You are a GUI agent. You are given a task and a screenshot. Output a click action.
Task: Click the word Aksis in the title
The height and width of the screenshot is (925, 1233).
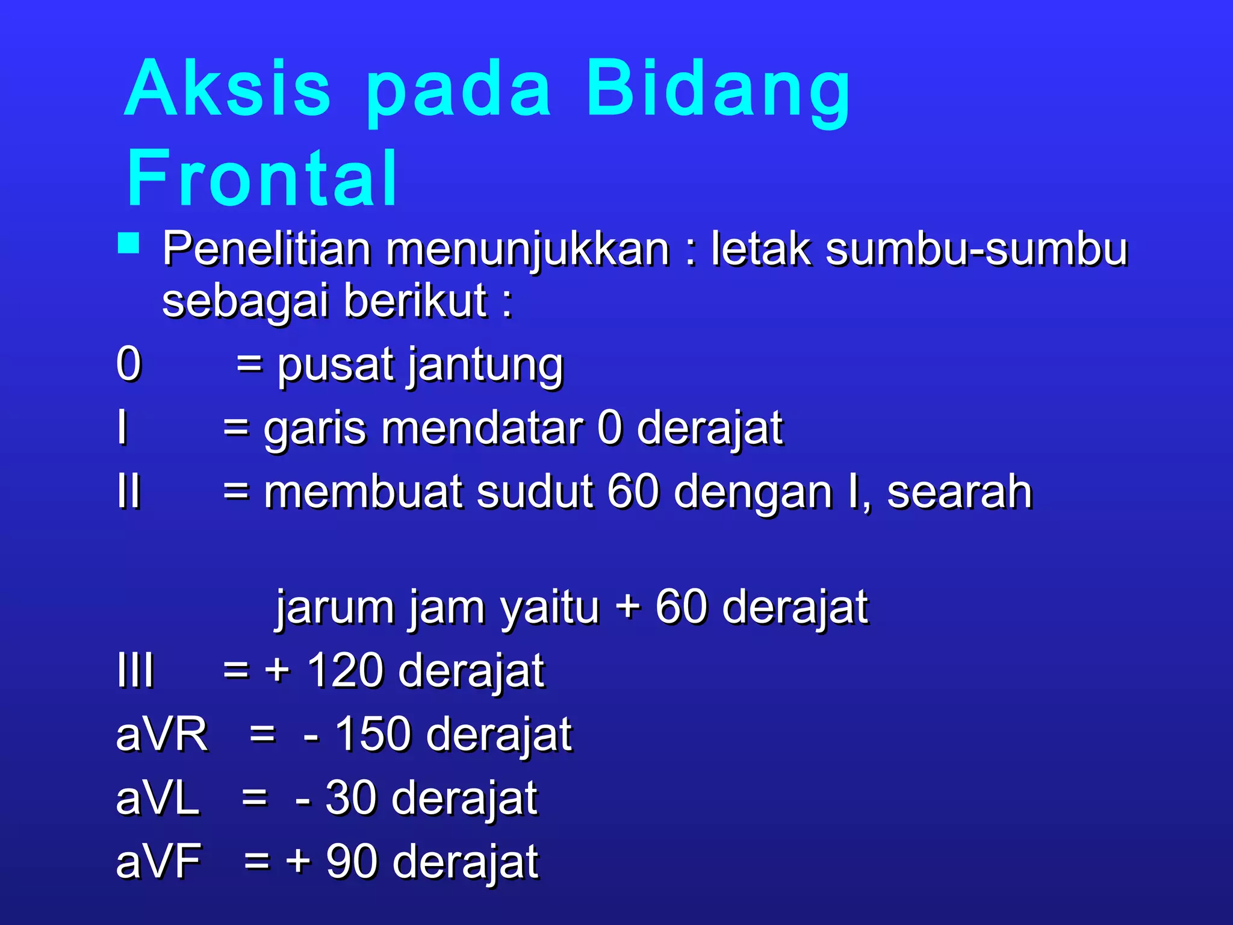coord(228,89)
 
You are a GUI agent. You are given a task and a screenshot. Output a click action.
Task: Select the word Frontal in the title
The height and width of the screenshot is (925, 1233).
coord(262,179)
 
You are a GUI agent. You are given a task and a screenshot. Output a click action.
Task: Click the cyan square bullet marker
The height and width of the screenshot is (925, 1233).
coord(129,244)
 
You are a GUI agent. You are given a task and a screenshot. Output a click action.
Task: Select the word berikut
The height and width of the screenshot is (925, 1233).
coord(415,301)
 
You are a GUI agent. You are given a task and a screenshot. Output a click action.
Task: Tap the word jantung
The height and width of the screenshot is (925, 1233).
coord(486,366)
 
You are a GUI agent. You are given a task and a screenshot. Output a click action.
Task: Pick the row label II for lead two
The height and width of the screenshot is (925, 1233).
coord(129,491)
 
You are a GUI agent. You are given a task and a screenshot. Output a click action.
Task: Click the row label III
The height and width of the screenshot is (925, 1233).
coord(135,670)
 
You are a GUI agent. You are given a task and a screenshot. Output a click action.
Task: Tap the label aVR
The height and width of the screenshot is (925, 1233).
coord(161,735)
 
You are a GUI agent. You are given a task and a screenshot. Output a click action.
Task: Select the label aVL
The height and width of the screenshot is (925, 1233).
coord(158,799)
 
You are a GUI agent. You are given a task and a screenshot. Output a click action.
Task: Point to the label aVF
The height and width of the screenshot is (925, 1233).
coord(159,862)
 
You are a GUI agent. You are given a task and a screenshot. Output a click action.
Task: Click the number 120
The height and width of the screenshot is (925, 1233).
coord(344,670)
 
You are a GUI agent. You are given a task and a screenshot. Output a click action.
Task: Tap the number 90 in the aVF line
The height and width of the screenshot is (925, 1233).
coord(351,862)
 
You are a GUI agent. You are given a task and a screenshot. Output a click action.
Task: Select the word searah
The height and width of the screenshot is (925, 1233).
coord(959,491)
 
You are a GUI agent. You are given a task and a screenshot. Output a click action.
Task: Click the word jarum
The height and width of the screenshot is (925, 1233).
coord(334,607)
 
